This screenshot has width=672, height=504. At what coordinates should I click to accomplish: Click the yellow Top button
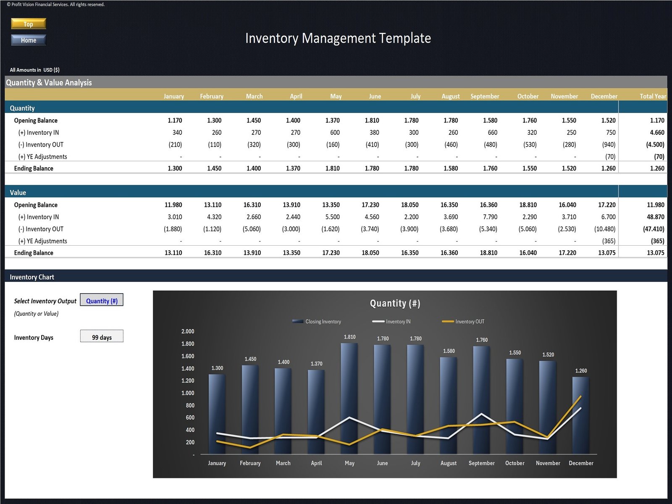28,24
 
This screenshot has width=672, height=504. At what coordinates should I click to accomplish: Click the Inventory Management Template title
338,38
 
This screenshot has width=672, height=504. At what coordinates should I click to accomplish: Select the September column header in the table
485,96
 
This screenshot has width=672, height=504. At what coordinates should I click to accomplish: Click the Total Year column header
652,96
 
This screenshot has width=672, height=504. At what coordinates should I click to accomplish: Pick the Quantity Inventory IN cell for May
335,132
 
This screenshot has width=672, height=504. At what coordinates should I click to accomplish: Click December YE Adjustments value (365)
609,241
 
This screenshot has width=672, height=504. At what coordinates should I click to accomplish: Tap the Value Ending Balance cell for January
173,253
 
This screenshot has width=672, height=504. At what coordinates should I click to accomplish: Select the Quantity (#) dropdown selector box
102,301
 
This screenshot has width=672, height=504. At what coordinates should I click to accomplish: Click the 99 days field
102,337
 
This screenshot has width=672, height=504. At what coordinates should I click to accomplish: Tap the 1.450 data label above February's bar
250,359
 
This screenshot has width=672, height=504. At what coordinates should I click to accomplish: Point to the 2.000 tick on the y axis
188,331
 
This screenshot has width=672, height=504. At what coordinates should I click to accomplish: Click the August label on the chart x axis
448,463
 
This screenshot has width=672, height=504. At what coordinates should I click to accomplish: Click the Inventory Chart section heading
32,277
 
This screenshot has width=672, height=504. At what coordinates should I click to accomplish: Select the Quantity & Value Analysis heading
49,83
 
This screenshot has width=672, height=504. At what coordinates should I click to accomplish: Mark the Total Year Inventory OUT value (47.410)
654,229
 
